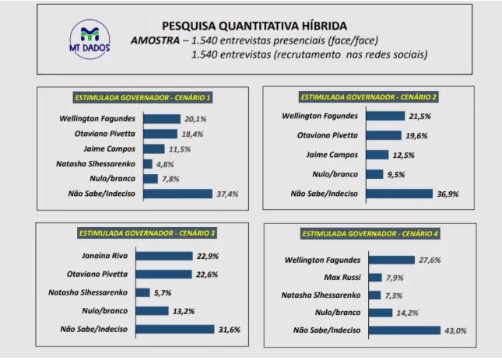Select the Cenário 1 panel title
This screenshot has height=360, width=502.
pyautogui.click(x=142, y=98)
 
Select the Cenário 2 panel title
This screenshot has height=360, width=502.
pyautogui.click(x=368, y=97)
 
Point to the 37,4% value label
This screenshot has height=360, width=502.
pyautogui.click(x=226, y=194)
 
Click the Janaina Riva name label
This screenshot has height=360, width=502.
pyautogui.click(x=116, y=255)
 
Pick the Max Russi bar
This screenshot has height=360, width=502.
pyautogui.click(x=375, y=278)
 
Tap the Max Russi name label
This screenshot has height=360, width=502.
pyautogui.click(x=340, y=278)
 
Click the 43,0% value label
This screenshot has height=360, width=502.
pyautogui.click(x=455, y=331)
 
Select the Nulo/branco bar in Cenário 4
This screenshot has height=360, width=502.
pyautogui.click(x=379, y=313)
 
